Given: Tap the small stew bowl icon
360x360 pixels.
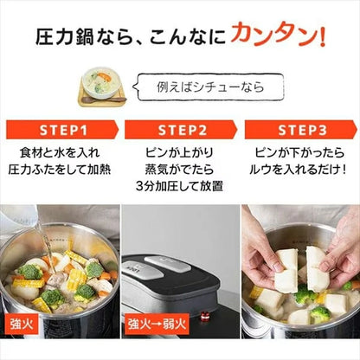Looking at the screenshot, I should click(101, 88).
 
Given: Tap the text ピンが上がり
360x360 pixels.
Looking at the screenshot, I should click(180, 153).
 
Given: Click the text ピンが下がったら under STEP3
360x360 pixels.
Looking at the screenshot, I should click(299, 153).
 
